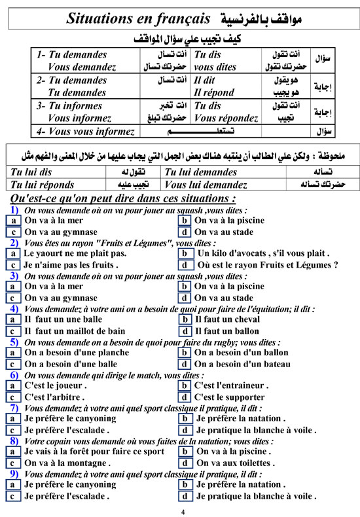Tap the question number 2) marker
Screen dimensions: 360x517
coord(14,260)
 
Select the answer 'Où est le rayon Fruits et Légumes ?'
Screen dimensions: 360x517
coord(267,283)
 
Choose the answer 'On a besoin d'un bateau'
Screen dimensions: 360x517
coord(242,365)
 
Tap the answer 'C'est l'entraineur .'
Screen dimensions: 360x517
coord(232,385)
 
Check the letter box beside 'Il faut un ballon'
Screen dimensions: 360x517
coord(186,331)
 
